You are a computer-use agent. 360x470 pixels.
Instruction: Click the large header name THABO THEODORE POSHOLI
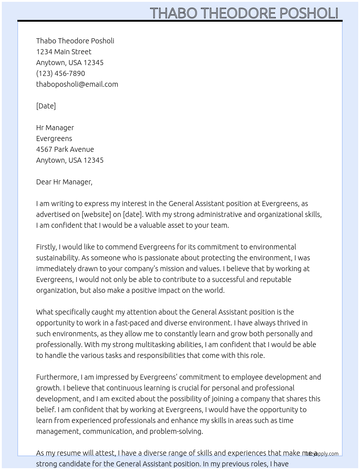click(x=244, y=13)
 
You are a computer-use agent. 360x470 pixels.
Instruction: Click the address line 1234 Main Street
click(x=64, y=52)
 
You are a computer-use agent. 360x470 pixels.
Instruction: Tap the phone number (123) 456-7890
click(x=60, y=73)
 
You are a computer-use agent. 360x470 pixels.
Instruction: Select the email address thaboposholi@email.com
click(x=77, y=84)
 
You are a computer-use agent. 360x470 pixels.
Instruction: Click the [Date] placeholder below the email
click(x=46, y=106)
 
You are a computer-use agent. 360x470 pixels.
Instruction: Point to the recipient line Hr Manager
click(x=55, y=128)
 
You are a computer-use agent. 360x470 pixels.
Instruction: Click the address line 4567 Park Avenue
click(x=65, y=149)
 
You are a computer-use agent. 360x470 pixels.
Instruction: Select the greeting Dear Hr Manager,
click(x=64, y=182)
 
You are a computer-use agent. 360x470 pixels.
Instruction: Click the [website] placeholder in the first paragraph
click(x=96, y=214)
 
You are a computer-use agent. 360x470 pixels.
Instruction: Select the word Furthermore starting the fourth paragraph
click(x=57, y=377)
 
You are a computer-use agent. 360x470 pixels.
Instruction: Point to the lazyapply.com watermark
click(x=322, y=454)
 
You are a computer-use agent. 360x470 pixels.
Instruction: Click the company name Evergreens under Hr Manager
click(x=54, y=138)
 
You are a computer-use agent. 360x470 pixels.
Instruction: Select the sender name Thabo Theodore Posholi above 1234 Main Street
click(x=75, y=41)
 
